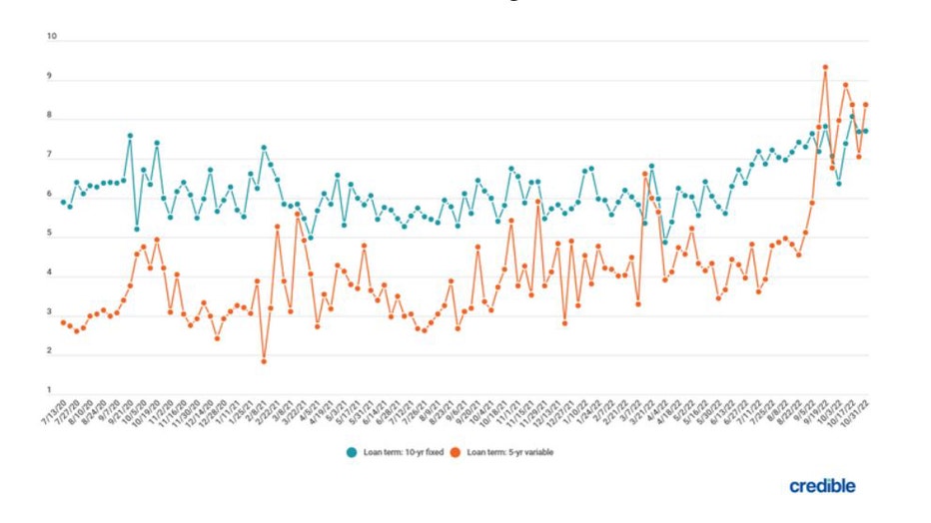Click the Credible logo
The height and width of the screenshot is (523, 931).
coord(822,486)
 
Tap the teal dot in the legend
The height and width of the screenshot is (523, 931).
coord(352,452)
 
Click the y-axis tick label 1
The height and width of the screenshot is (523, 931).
coord(50,389)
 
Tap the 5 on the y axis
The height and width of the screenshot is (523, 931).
coord(50,234)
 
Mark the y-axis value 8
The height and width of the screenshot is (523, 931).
coord(50,116)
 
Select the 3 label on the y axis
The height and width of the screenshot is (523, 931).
coord(50,311)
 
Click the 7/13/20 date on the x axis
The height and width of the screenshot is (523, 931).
coord(56,411)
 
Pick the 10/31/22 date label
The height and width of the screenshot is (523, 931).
coord(859,411)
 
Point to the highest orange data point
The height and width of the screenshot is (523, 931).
coord(825,67)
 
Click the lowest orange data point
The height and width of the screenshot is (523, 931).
coord(264,361)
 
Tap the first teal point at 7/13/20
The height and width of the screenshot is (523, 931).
coord(63,202)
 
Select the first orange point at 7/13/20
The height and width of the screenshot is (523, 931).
coord(63,322)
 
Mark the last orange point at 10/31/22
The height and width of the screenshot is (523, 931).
coord(866,104)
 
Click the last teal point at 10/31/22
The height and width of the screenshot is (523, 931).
coord(866,131)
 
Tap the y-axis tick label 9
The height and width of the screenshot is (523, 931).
coord(50,77)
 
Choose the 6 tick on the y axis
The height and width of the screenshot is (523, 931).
coord(50,195)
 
